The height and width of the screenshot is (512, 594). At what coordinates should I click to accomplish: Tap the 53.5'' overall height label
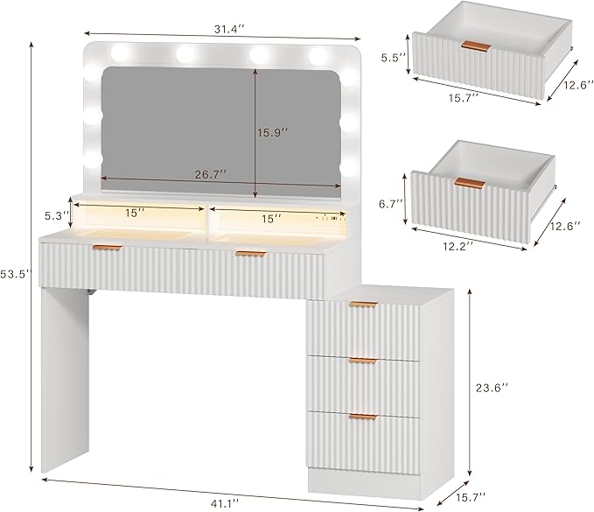15,274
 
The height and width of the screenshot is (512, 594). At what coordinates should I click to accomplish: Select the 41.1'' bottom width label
225,502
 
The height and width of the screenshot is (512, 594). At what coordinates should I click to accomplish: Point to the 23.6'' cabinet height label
492,388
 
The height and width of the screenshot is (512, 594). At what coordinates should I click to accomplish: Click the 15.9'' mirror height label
273,133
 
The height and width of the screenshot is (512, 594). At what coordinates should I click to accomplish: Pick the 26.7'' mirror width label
211,174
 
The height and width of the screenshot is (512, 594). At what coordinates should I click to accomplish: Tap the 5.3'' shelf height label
57,215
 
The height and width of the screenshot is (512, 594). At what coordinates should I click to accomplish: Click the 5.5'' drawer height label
394,57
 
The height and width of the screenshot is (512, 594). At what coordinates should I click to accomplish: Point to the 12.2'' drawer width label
458,246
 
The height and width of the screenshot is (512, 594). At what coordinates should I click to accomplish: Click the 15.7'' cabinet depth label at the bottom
471,497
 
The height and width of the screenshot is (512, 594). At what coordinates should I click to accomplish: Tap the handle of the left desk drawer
108,248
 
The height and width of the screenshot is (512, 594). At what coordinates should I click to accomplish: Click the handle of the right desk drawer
251,254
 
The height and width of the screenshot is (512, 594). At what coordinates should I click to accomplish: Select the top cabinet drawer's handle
364,305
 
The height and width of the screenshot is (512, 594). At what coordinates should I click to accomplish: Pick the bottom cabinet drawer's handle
364,417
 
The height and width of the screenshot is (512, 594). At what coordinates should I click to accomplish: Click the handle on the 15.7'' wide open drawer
476,46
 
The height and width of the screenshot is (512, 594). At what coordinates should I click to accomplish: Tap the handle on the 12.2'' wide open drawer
470,183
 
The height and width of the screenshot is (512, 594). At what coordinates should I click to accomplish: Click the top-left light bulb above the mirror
120,53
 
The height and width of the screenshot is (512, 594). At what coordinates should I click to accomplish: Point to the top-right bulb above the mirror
318,57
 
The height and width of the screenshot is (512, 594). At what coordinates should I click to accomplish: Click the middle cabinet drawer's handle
364,361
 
